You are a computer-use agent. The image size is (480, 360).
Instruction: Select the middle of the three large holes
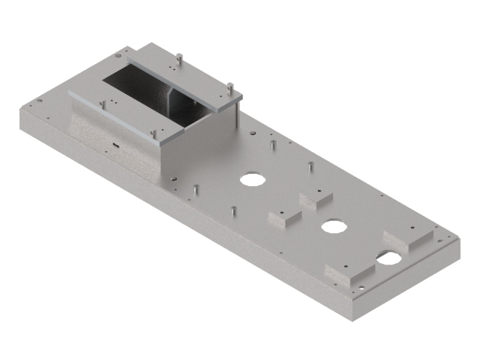[331, 226]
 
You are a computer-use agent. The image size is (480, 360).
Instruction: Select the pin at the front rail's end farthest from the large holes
[101, 104]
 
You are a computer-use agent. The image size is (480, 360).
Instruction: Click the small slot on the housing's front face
[113, 145]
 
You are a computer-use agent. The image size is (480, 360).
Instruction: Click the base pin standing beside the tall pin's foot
[272, 145]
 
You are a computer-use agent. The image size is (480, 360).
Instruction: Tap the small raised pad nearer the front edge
[286, 217]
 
